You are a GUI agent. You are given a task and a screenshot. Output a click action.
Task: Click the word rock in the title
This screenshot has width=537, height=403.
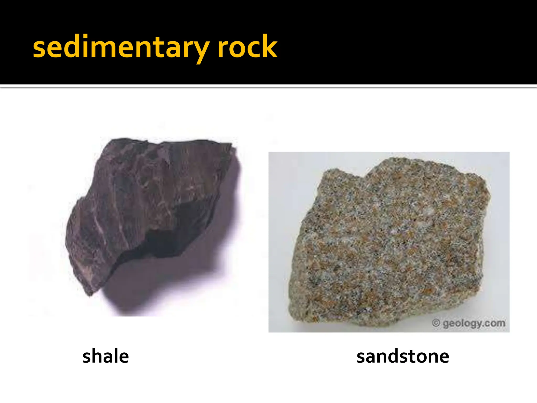click(247, 47)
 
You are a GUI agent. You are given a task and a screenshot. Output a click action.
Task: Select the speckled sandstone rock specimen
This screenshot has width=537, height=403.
click(388, 241)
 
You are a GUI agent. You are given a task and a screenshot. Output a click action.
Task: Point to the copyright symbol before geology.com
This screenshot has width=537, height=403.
click(436, 323)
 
